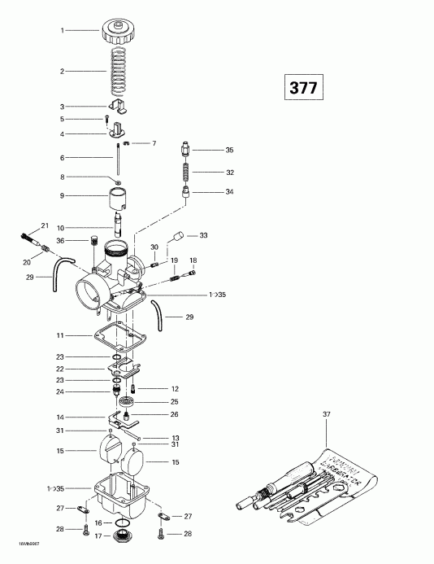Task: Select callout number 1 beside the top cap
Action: click(62, 30)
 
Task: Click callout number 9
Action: click(62, 195)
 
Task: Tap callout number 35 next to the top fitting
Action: click(229, 151)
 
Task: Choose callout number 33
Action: click(203, 235)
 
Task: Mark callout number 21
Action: click(45, 225)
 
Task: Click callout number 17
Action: click(98, 536)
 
